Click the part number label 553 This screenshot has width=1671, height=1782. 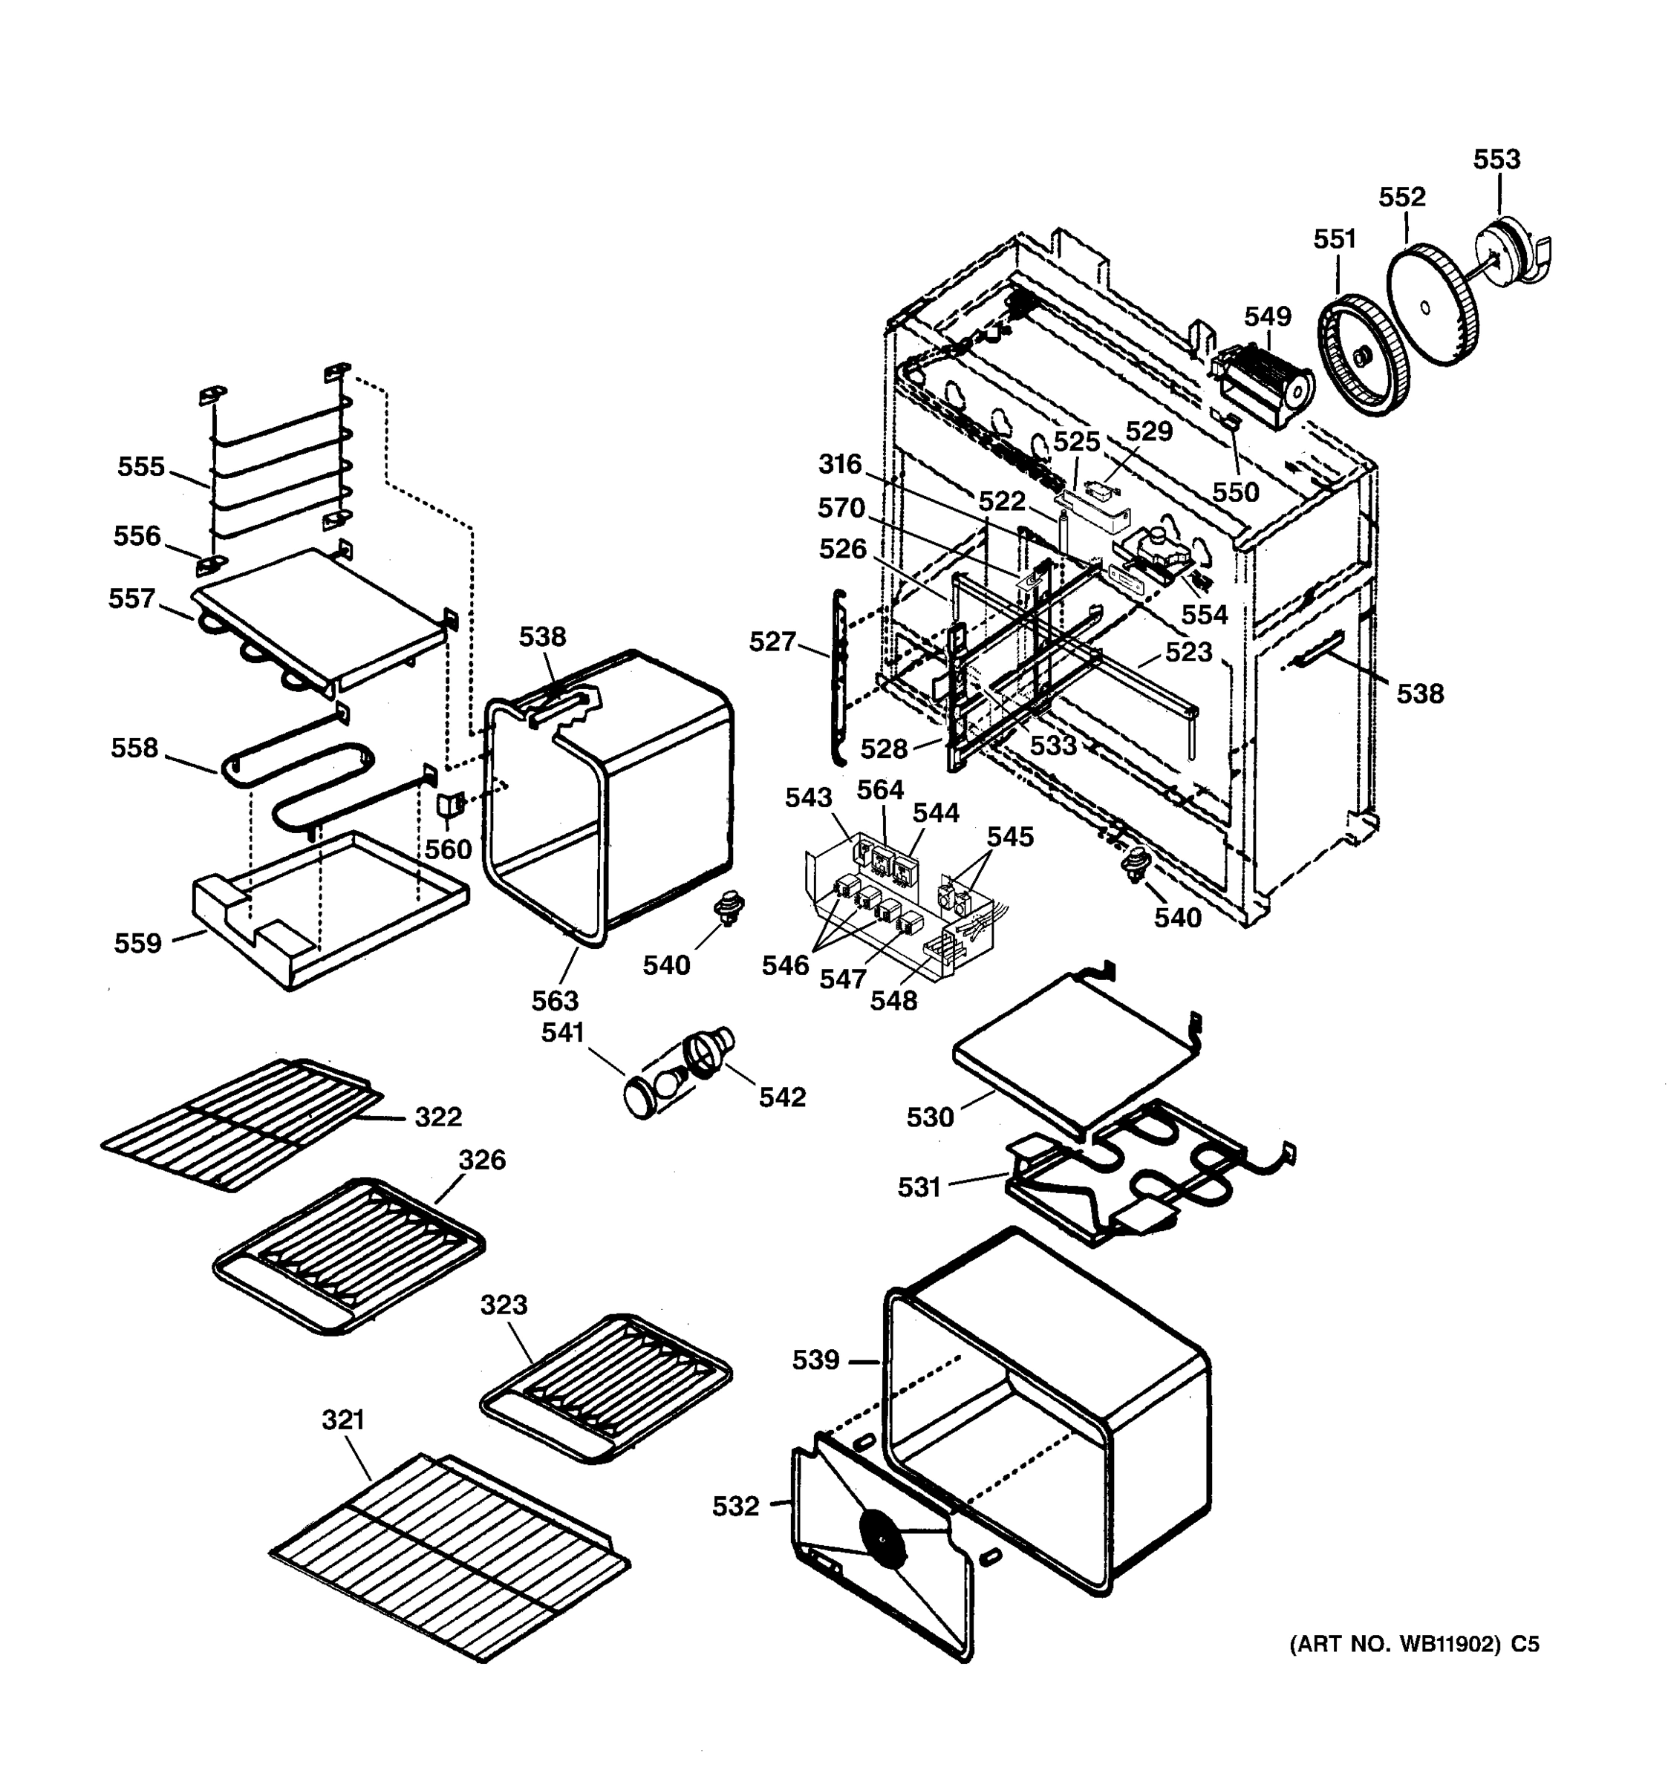pos(1496,160)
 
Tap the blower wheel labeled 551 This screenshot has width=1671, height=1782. pos(1362,356)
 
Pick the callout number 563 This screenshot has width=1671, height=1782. pos(555,1000)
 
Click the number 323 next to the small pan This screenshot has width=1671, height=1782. pos(503,1305)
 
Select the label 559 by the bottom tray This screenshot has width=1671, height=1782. pos(137,943)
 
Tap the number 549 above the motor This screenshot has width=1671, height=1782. pos(1267,316)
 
